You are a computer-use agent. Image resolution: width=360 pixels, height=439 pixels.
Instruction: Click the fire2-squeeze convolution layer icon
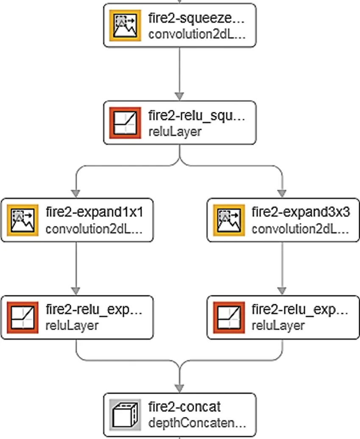[125, 25]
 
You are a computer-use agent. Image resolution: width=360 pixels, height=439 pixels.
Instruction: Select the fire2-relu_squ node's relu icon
[125, 122]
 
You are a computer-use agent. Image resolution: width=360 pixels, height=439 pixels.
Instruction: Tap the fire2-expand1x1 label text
[94, 212]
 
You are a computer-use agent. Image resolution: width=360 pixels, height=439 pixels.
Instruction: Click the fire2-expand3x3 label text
[301, 212]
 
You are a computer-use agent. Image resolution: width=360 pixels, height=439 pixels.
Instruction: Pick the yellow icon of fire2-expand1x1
[23, 220]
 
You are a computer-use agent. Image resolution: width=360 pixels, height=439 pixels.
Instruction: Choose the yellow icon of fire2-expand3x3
[229, 220]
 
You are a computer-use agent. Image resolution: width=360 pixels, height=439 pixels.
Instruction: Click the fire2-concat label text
[185, 406]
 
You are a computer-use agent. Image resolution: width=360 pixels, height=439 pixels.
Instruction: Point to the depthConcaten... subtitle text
[197, 423]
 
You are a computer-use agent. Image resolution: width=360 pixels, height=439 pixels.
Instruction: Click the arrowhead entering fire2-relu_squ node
[179, 96]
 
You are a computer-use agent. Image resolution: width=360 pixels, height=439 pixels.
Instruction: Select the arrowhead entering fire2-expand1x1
[76, 194]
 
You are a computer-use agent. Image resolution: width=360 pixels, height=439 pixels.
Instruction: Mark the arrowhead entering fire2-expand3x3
[282, 194]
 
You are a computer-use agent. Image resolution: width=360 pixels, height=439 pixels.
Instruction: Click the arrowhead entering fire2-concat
[179, 388]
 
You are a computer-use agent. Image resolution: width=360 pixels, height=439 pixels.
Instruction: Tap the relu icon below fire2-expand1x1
[23, 317]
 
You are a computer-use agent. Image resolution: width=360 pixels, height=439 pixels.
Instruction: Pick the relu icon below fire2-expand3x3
[229, 317]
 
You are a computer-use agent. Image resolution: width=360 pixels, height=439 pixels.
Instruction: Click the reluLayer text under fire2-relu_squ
[175, 132]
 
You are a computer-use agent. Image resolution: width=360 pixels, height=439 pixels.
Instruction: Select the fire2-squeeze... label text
[197, 18]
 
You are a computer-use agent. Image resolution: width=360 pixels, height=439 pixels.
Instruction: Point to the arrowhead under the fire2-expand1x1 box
[76, 291]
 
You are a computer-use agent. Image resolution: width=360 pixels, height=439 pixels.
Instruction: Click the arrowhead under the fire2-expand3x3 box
[282, 291]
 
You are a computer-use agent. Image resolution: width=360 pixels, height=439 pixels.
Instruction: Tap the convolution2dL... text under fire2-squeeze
[197, 34]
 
